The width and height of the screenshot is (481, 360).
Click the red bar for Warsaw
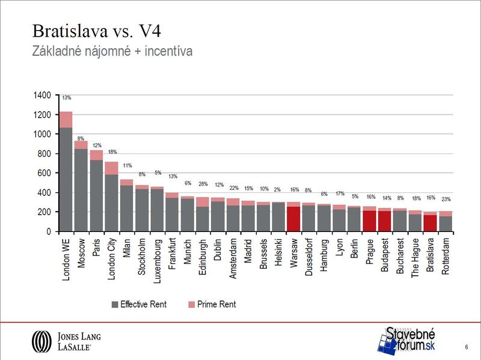point(293,219)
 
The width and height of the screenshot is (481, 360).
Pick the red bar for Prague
point(369,221)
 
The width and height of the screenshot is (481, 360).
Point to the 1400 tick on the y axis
point(43,96)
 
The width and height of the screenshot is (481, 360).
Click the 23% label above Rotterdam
point(446,199)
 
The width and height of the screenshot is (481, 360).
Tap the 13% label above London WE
point(66,97)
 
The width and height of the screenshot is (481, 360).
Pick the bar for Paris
point(97,192)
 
